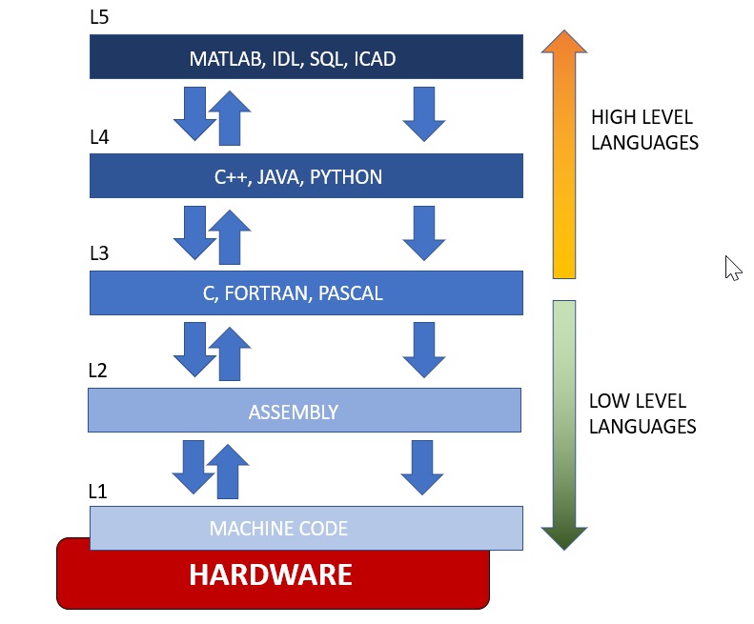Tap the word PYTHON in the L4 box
point(346,177)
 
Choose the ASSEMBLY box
point(304,412)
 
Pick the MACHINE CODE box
point(306,528)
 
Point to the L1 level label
point(98,493)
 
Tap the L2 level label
point(99,371)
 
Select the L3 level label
point(99,253)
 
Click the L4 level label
point(100,137)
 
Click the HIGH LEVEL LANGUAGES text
point(644,131)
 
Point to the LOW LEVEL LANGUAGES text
point(642,413)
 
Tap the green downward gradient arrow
point(564,424)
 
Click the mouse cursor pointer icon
point(731,268)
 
